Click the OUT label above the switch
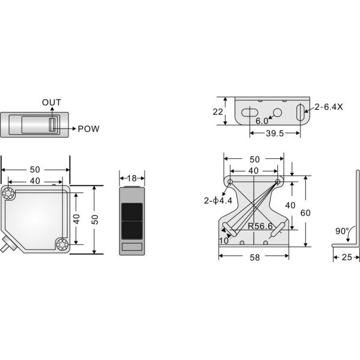[52, 103]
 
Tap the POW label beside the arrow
[89, 128]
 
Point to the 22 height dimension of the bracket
[217, 111]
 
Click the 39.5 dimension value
[275, 133]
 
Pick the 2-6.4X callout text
[327, 108]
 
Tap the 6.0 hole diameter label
[262, 121]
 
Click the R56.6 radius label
[260, 226]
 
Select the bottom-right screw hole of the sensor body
[62, 244]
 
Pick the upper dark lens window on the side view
[131, 211]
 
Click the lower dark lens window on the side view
[131, 229]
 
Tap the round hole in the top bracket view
[277, 112]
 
